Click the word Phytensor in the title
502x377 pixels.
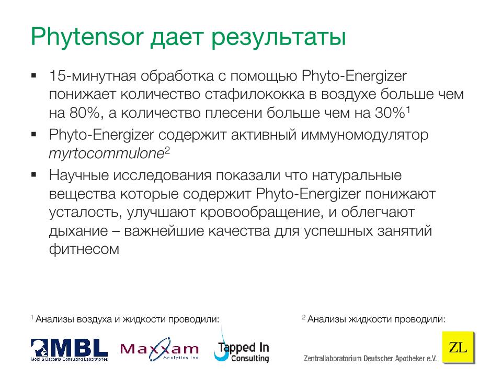(87, 37)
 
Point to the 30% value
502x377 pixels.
(390, 113)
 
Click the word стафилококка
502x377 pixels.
(255, 94)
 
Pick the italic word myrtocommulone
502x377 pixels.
(107, 153)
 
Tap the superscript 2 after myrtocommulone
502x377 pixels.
(167, 150)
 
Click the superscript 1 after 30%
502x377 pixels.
(408, 109)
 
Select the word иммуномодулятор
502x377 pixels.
(364, 135)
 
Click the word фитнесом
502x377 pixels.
(84, 249)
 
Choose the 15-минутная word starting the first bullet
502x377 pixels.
(93, 76)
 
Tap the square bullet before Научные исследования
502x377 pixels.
(34, 174)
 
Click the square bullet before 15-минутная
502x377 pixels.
(34, 75)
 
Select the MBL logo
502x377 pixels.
(69, 349)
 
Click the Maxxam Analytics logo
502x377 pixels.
(159, 349)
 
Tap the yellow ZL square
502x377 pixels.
(459, 347)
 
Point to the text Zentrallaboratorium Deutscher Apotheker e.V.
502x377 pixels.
(370, 358)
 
